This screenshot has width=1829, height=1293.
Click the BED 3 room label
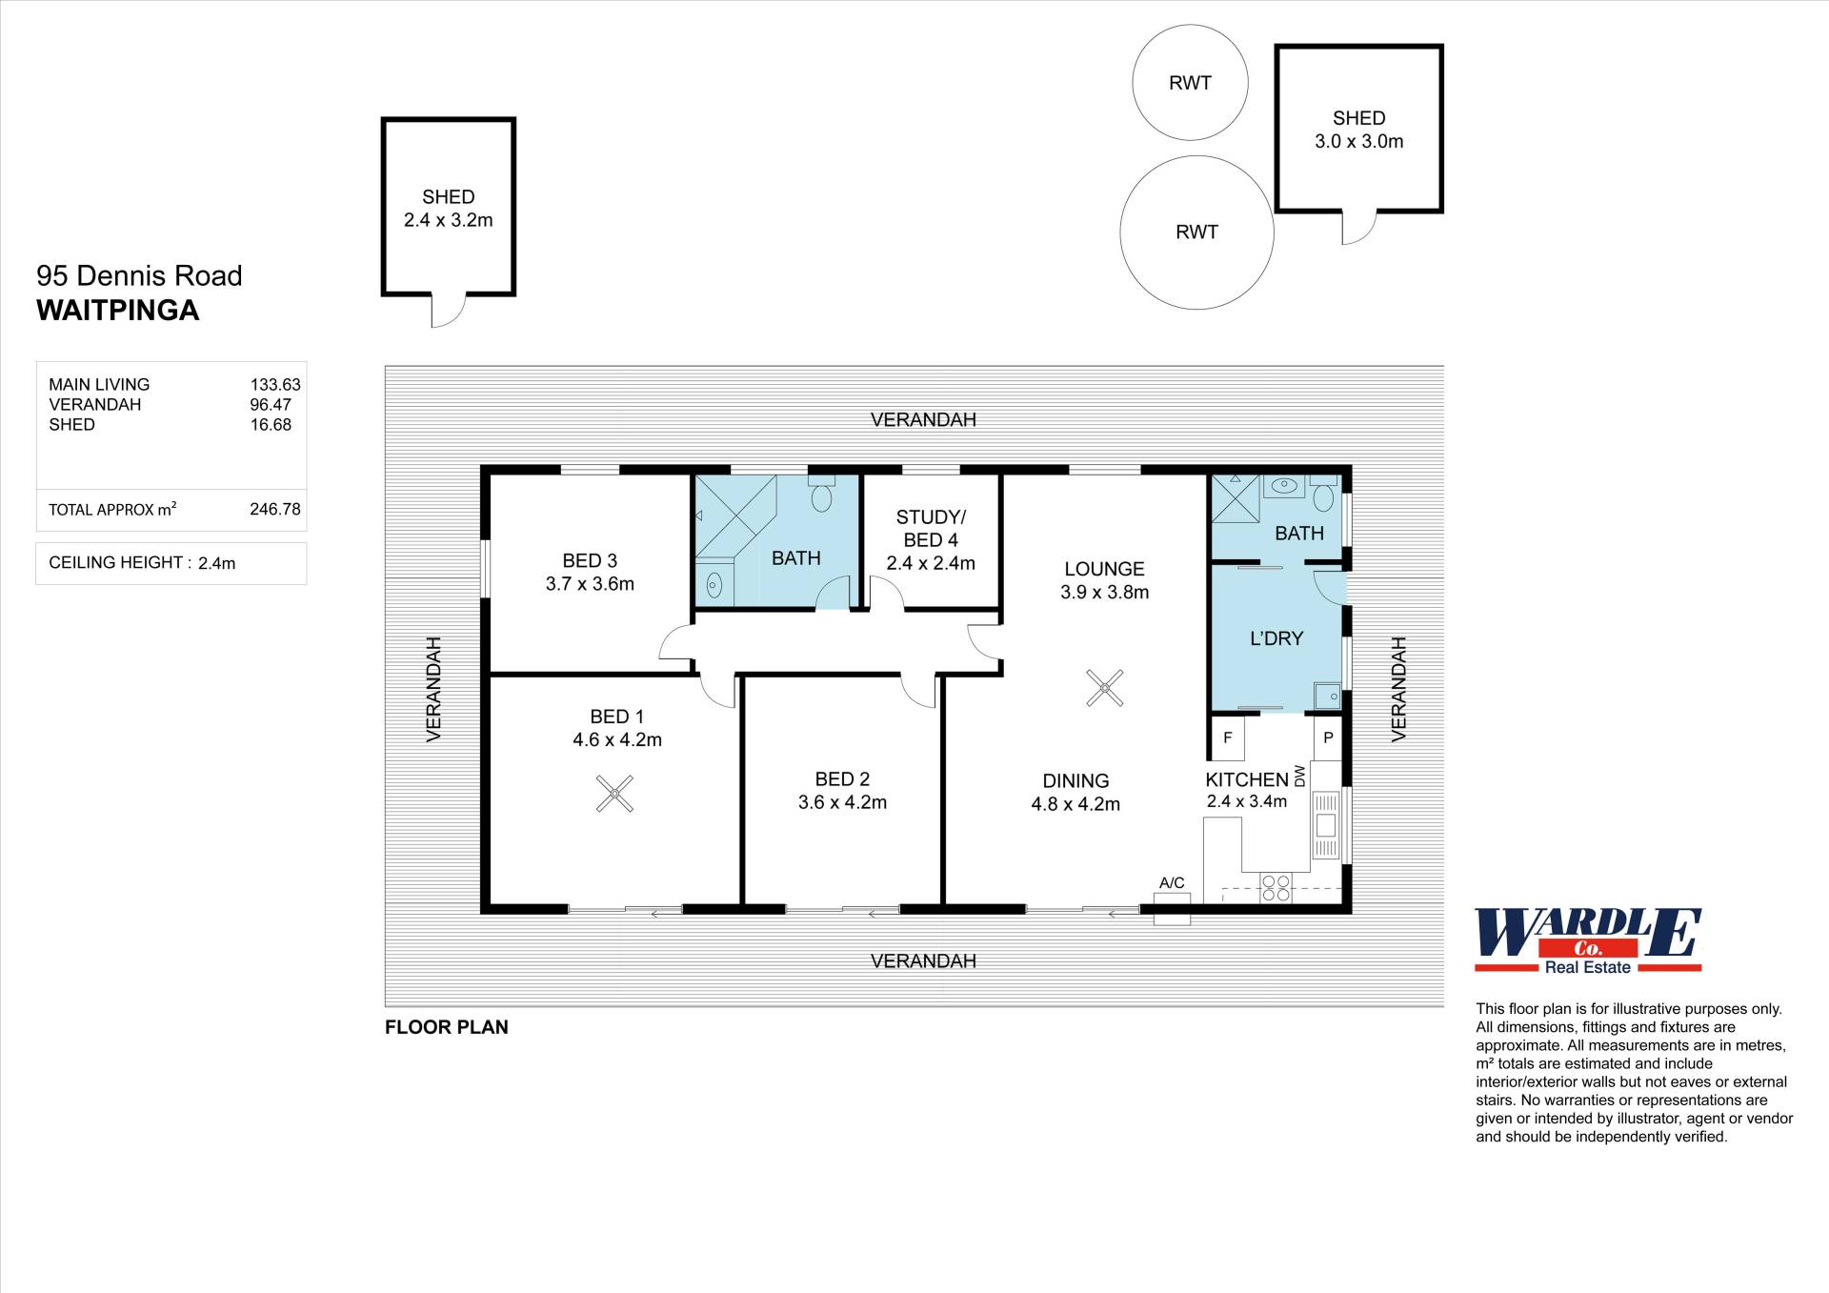click(x=590, y=561)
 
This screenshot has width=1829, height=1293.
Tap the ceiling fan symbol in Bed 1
click(x=614, y=793)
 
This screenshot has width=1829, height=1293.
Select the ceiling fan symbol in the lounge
click(x=1105, y=688)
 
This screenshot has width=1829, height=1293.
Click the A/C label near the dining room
click(x=1172, y=883)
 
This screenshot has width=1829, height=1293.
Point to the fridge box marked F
click(x=1227, y=737)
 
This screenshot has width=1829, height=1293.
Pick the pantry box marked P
click(x=1328, y=737)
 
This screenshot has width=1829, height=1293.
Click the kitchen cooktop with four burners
click(x=1276, y=888)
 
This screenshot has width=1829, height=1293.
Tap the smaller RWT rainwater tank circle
click(x=1190, y=83)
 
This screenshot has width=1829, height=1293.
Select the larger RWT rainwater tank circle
click(x=1196, y=232)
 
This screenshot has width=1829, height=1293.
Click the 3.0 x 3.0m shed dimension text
click(x=1358, y=142)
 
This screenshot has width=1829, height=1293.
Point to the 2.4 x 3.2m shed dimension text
click(x=448, y=220)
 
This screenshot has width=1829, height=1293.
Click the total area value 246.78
click(x=275, y=509)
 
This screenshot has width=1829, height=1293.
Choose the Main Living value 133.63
click(x=275, y=385)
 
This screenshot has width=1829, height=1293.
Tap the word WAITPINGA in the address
click(x=118, y=311)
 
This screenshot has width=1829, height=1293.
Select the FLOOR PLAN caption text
click(x=447, y=1027)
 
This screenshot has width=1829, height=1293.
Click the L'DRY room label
click(x=1276, y=638)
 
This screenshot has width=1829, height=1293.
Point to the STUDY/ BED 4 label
click(x=931, y=529)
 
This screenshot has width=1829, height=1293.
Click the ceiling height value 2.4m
click(x=216, y=563)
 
